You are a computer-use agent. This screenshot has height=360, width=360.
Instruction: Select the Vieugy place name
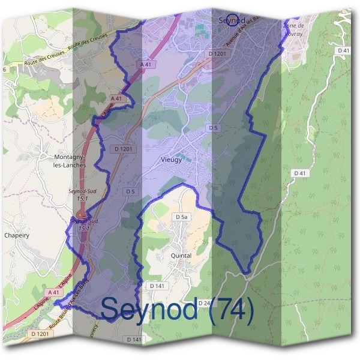pyautogui.click(x=172, y=160)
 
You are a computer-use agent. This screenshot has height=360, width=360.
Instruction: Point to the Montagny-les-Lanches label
pyautogui.click(x=70, y=160)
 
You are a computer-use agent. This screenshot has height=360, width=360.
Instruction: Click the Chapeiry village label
pyautogui.click(x=16, y=235)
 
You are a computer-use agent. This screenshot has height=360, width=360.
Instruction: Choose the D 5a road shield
pyautogui.click(x=182, y=217)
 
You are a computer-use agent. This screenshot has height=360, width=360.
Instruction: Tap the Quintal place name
pyautogui.click(x=181, y=256)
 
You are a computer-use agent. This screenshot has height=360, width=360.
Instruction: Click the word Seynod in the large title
pyautogui.click(x=149, y=310)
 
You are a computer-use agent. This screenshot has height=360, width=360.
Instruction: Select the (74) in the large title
pyautogui.click(x=229, y=310)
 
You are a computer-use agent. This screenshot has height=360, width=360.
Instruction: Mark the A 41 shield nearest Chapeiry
pyautogui.click(x=54, y=292)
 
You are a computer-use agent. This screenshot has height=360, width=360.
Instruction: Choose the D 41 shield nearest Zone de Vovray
pyautogui.click(x=343, y=51)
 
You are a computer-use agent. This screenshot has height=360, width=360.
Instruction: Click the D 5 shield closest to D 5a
pyautogui.click(x=130, y=191)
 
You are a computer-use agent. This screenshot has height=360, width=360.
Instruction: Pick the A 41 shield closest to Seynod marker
pyautogui.click(x=145, y=64)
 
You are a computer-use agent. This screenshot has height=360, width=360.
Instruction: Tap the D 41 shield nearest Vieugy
pyautogui.click(x=299, y=173)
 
